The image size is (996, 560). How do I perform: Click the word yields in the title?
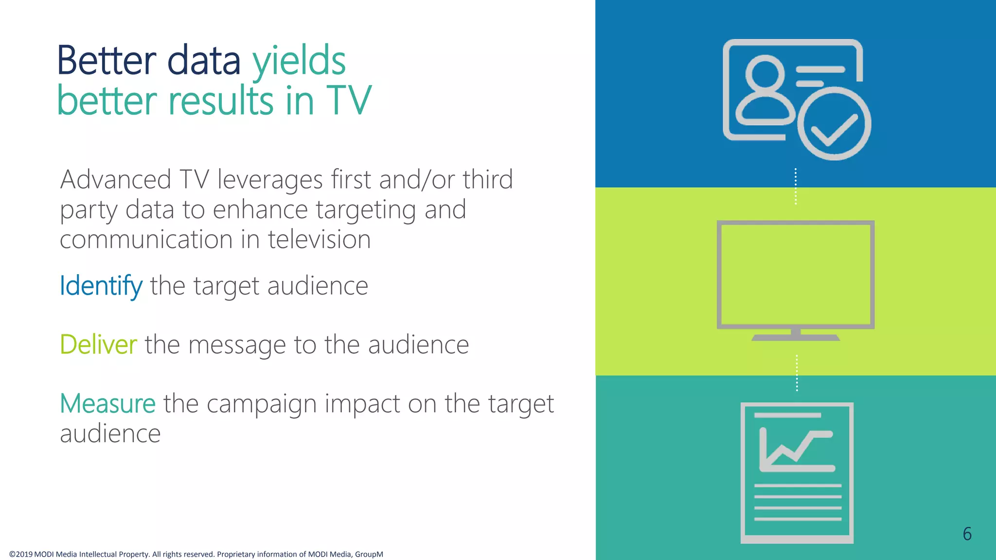(x=299, y=61)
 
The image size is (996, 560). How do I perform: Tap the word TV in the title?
(x=349, y=101)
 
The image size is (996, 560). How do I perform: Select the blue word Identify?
(x=101, y=286)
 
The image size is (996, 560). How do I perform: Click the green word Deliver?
(x=98, y=345)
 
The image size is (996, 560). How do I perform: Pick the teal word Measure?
(x=107, y=403)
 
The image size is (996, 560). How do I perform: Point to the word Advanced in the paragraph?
(x=116, y=179)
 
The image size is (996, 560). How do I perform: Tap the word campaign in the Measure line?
(x=261, y=404)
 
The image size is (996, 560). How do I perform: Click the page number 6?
(x=967, y=534)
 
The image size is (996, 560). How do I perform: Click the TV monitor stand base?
(x=796, y=337)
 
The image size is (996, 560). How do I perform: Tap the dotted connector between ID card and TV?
(x=796, y=186)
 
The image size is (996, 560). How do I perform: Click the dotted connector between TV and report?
(x=797, y=373)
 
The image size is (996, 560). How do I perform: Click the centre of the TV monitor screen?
(x=796, y=275)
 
